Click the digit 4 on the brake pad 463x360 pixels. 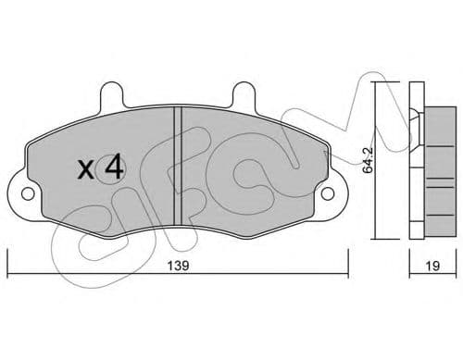pos(114,168)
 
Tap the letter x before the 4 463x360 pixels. pos(85,170)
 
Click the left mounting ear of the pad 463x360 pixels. pos(26,195)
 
